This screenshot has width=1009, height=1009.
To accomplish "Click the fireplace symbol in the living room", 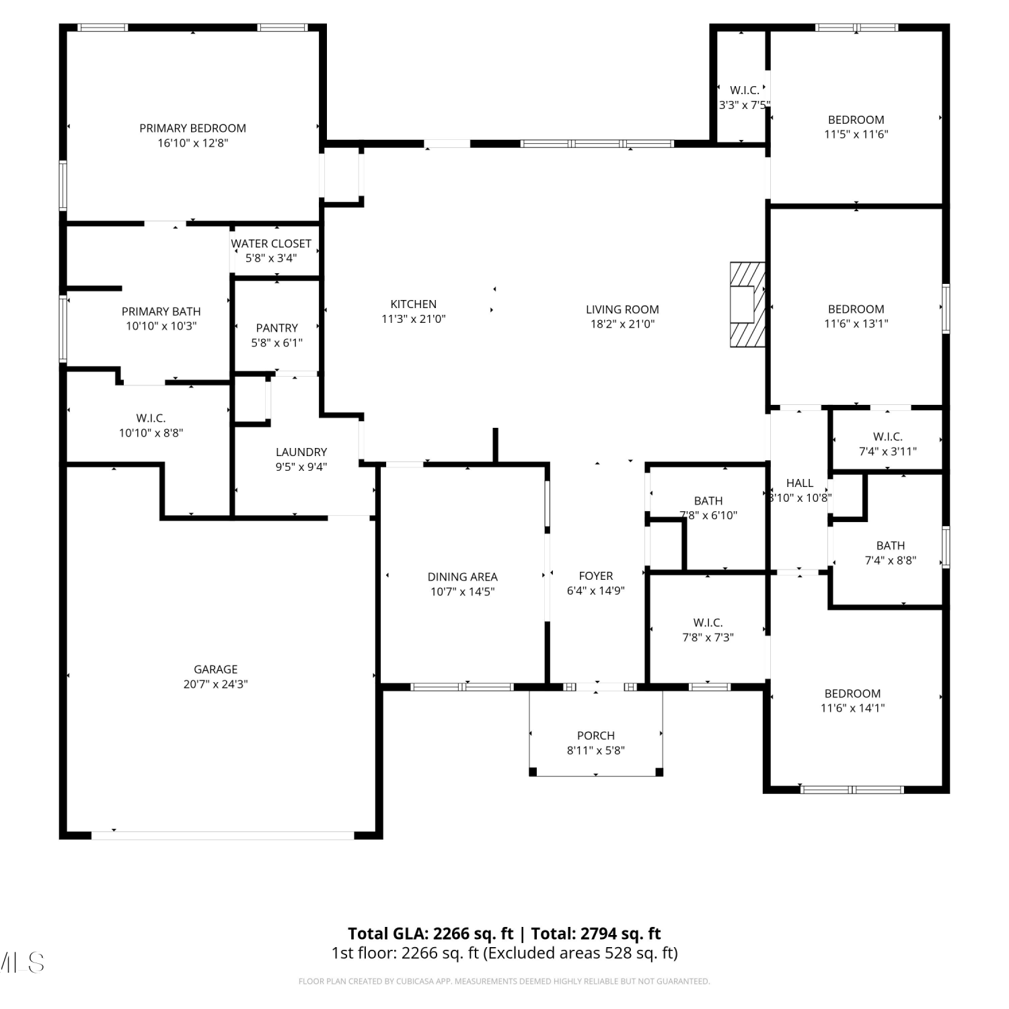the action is (x=748, y=304).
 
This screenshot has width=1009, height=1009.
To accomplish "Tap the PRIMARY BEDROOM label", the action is (x=192, y=128).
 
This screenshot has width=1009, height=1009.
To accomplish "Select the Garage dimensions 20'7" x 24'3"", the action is (x=215, y=684).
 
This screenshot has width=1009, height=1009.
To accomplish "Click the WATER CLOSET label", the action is (x=271, y=244).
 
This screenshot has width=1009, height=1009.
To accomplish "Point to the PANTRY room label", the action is (x=277, y=328).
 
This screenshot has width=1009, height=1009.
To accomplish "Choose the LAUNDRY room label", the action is (x=301, y=452).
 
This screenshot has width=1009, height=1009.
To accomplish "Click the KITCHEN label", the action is (x=414, y=304).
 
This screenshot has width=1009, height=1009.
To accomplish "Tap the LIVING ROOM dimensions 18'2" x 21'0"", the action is (x=622, y=324).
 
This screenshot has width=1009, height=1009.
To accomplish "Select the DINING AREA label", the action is (x=463, y=576).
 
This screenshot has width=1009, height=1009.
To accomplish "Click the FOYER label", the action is (x=596, y=576).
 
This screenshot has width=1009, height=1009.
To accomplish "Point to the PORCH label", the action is (x=596, y=735).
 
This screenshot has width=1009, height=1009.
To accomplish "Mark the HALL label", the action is (x=800, y=483).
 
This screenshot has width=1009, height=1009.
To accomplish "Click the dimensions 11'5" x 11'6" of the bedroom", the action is (x=856, y=134).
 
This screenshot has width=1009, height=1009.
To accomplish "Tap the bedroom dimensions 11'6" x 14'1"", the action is (x=853, y=708).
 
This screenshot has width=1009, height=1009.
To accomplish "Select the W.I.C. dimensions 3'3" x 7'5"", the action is (x=745, y=105).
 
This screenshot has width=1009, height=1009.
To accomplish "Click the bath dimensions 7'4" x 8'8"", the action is (x=891, y=560).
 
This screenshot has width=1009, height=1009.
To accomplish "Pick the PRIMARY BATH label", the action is (x=161, y=311).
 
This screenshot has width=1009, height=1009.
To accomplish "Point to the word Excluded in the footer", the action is (x=517, y=953).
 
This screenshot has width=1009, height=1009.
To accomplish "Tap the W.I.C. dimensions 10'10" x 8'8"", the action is (x=151, y=433).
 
